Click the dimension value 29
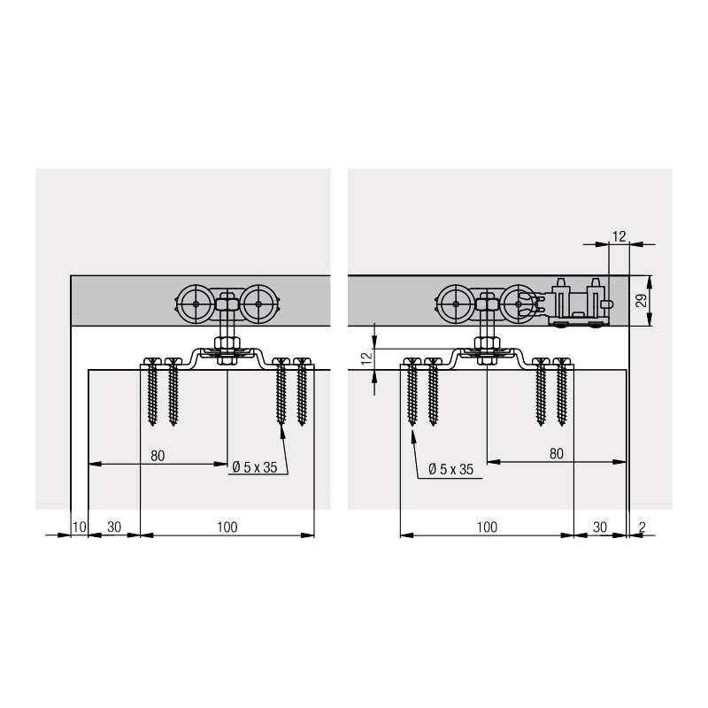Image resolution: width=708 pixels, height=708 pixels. tap(641, 300)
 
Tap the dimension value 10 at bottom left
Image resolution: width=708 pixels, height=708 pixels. tap(79, 527)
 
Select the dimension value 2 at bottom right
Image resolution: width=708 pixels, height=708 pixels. tap(643, 527)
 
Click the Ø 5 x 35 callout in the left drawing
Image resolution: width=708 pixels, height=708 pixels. tap(255, 467)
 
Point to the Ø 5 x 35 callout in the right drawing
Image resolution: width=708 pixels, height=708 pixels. tap(450, 469)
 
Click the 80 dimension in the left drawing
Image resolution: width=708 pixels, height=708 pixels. tap(158, 456)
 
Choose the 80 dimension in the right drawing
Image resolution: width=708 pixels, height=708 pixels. tap(557, 454)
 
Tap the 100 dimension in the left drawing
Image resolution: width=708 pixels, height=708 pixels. tap(227, 527)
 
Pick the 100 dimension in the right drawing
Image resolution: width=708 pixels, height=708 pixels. tap(487, 527)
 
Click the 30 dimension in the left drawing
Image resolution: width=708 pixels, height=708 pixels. tap(114, 527)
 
